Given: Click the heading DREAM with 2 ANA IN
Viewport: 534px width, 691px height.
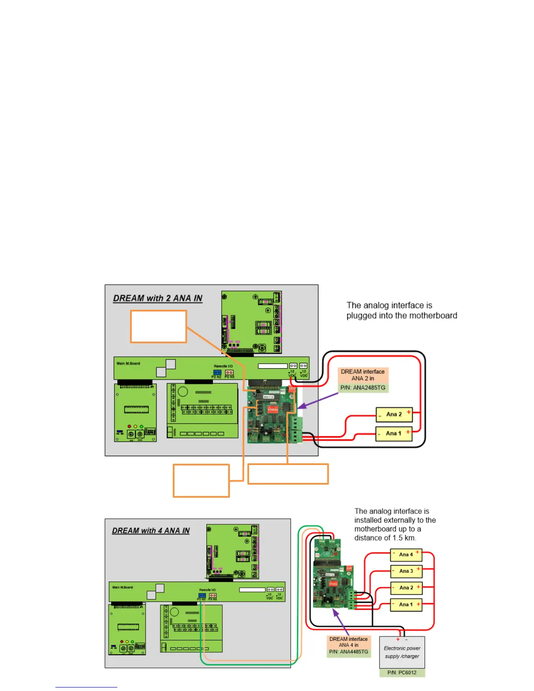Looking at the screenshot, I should coord(157,298).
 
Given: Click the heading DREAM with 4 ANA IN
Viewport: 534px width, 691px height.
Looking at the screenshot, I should coord(151,530).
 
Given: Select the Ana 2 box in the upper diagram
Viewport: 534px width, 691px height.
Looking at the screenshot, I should coord(394,414).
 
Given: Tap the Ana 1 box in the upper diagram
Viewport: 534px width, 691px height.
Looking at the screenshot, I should coord(394,433).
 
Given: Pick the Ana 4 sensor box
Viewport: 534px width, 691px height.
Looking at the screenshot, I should coord(406,554).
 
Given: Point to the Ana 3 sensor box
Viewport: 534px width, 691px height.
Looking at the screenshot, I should coord(406,571).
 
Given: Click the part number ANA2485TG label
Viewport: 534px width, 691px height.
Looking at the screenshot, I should coord(363,387).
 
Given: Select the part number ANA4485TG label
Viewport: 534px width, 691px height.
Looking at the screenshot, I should coord(349,652).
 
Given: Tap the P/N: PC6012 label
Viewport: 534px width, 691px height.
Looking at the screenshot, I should coord(402,673).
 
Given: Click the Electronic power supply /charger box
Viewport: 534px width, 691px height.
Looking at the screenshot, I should coord(402,652).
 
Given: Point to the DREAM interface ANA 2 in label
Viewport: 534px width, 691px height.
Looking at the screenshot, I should coord(363,375).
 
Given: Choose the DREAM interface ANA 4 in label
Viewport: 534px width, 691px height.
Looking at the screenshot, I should coord(349,642).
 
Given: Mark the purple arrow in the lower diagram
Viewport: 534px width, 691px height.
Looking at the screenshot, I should coord(341,622).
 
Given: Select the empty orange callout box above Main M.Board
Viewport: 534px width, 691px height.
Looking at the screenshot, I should coord(158,326).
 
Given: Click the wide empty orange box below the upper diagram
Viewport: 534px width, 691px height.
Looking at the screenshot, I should coord(288,474).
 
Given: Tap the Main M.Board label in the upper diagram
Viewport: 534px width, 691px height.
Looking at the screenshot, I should coord(128,363).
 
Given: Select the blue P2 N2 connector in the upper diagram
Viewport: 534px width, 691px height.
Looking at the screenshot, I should coord(217,373).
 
